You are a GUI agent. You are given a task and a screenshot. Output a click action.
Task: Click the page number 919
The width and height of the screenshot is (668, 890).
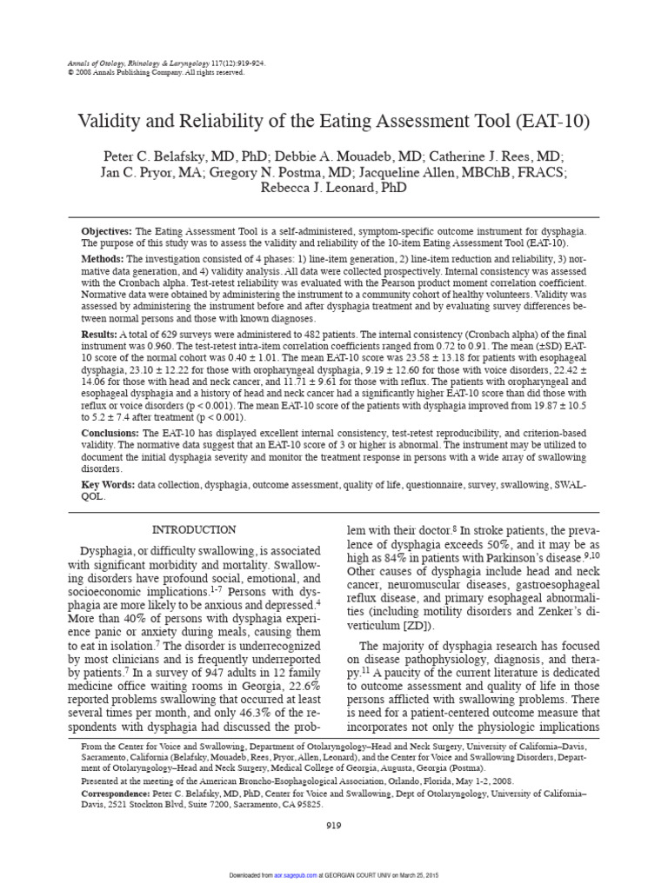pos(334,824)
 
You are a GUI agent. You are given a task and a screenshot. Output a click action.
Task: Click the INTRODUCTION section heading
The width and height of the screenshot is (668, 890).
pos(193,529)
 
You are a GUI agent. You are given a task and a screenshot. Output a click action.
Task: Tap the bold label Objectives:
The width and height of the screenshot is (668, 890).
pos(107,232)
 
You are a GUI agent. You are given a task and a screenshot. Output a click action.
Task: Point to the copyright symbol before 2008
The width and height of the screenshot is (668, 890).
pos(70,73)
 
